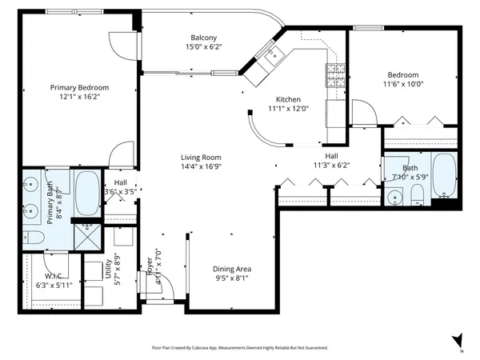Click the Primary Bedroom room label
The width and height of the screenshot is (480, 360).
tap(79, 88)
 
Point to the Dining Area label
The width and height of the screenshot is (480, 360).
tap(230, 269)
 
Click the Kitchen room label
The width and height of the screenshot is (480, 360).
tap(282, 99)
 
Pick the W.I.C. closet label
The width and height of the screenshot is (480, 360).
tap(54, 277)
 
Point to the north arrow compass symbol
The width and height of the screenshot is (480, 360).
tap(458, 341)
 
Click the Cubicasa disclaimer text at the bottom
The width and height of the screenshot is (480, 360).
tap(239, 348)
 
